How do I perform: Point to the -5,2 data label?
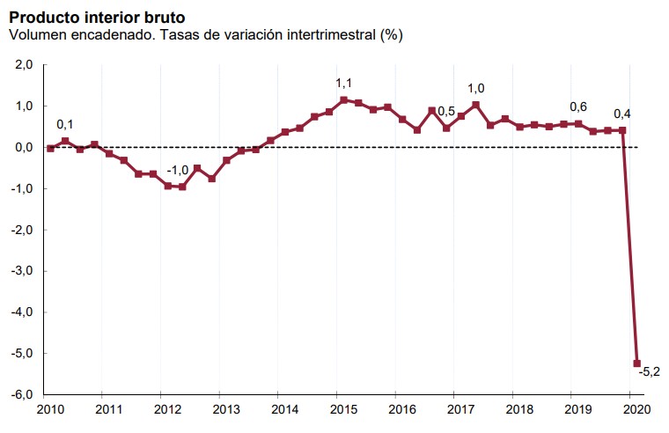click(x=650, y=370)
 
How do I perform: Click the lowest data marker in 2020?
click(x=636, y=363)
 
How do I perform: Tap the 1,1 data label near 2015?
click(x=343, y=83)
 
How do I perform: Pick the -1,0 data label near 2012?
click(x=178, y=170)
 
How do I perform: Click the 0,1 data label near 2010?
click(x=66, y=124)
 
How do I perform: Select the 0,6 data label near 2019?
click(x=578, y=107)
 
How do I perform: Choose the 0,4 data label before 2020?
click(x=621, y=113)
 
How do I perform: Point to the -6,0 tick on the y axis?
click(x=22, y=394)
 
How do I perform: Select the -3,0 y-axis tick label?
click(x=22, y=271)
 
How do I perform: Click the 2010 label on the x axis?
click(x=50, y=410)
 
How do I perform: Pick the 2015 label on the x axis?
click(x=342, y=410)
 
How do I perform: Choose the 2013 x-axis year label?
click(x=226, y=410)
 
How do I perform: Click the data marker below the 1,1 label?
click(x=343, y=100)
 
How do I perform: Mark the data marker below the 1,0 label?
click(x=475, y=106)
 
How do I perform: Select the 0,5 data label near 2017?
click(x=446, y=112)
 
